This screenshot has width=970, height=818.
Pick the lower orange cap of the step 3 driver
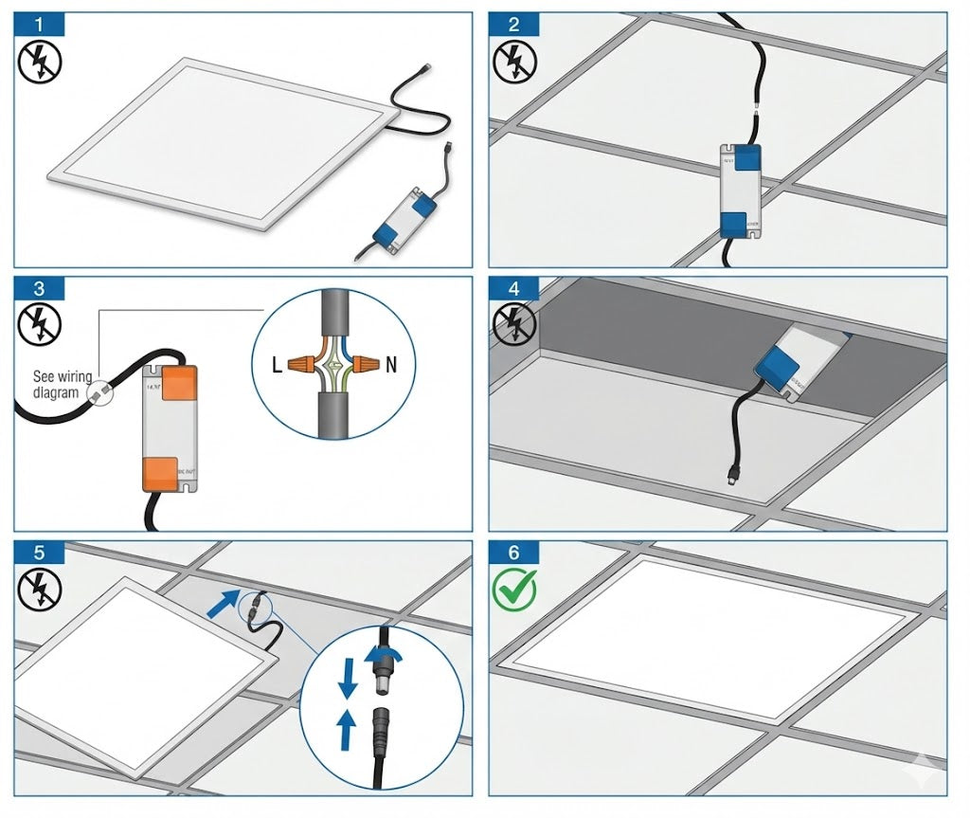point(161,473)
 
